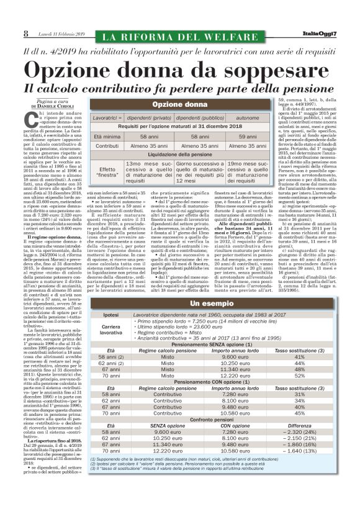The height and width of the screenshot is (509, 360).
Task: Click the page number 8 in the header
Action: pos(25,32)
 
